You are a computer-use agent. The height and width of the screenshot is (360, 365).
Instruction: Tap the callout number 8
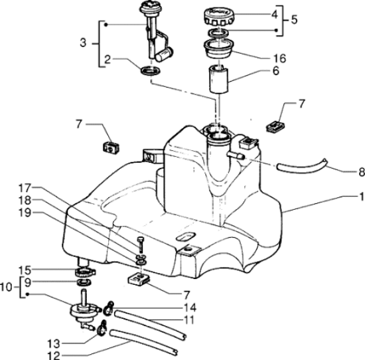click(361, 172)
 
